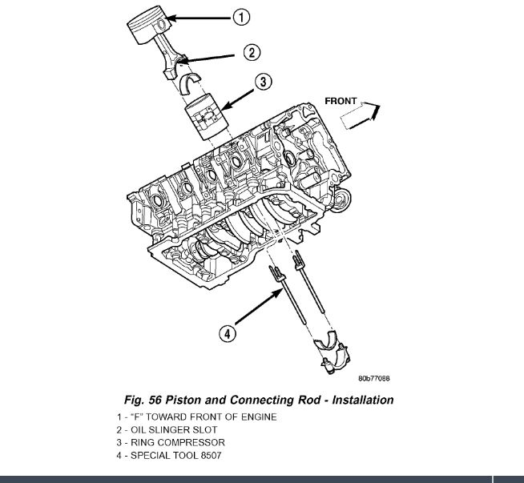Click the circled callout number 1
tap(240, 16)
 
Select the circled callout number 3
tap(264, 83)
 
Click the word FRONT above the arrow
tap(341, 101)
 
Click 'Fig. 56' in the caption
tap(150, 400)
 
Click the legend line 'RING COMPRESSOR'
tap(169, 442)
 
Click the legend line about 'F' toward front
tap(196, 417)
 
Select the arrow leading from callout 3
tap(237, 95)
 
